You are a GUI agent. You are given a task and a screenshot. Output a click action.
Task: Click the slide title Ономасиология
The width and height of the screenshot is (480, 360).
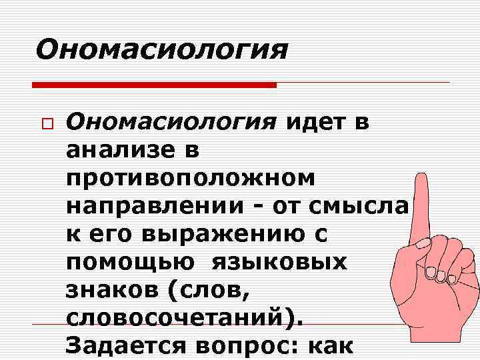[162, 49]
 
